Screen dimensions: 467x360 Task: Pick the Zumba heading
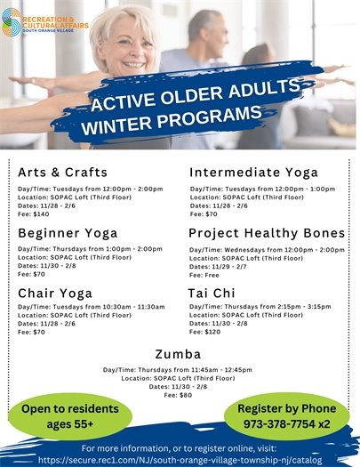tap(179, 352)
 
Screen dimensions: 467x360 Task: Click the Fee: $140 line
tap(32, 213)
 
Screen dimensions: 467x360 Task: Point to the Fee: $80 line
tap(180, 394)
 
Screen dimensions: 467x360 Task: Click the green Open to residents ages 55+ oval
tap(57, 415)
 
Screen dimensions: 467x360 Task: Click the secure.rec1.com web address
tap(179, 459)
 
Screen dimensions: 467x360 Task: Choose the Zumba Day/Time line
tap(179, 369)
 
